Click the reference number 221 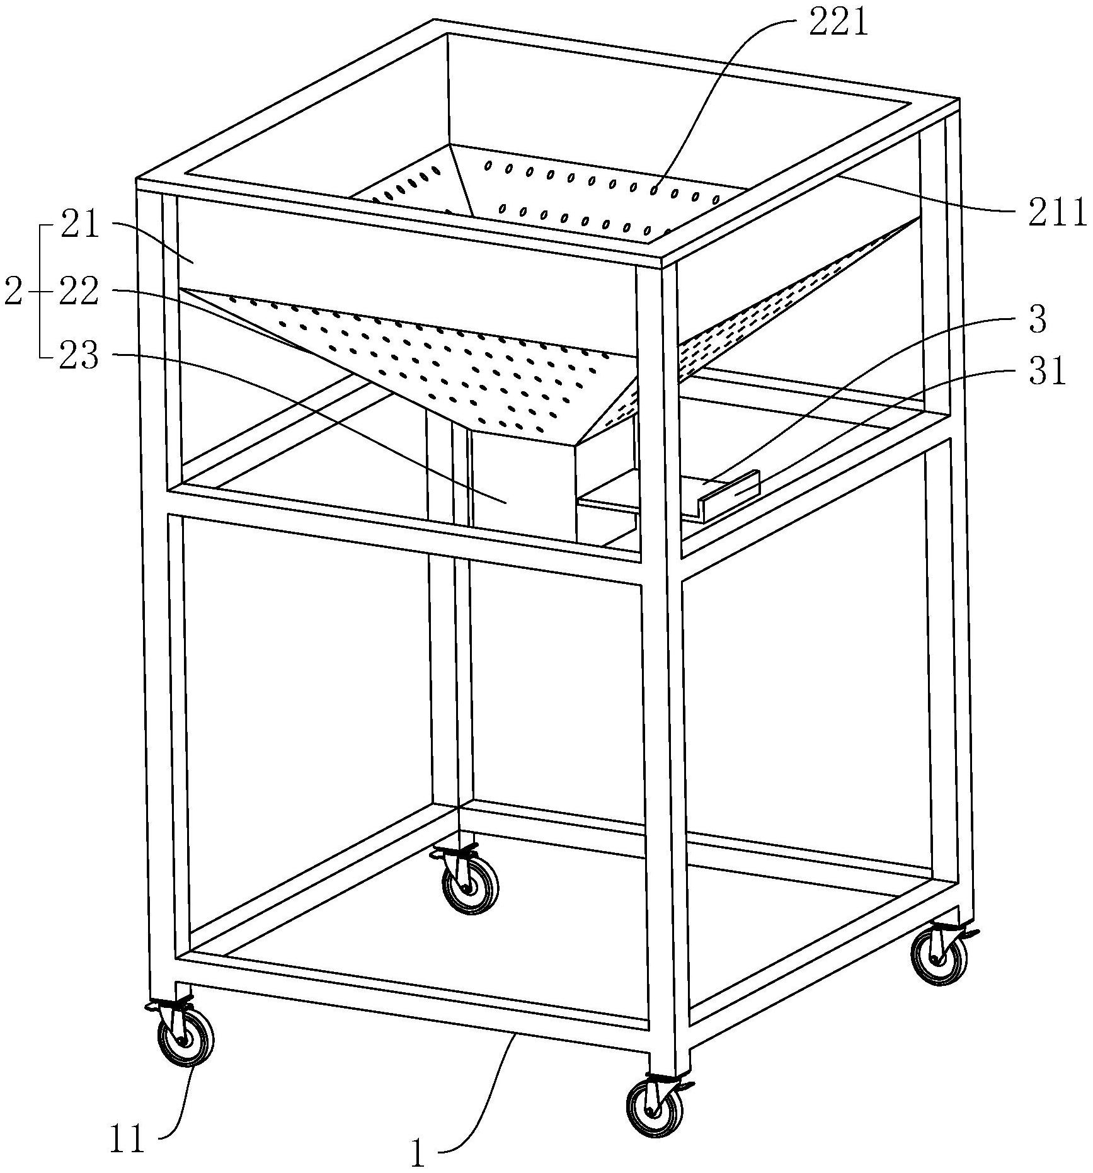click(838, 25)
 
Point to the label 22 click(79, 292)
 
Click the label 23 click(79, 357)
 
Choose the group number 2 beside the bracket click(13, 292)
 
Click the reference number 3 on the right click(1037, 320)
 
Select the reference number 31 click(1045, 371)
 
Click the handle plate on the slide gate click(731, 496)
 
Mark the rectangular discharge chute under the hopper click(523, 485)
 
